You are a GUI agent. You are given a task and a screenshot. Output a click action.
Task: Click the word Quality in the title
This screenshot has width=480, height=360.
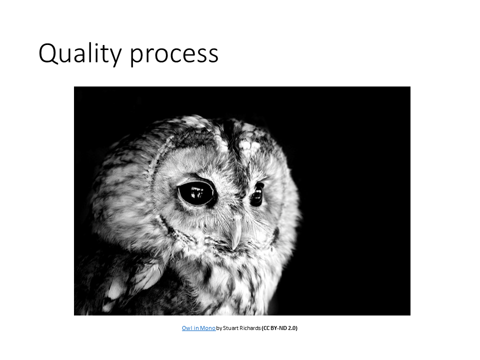tap(80, 53)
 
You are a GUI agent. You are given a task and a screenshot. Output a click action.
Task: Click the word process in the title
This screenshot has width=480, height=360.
tap(174, 55)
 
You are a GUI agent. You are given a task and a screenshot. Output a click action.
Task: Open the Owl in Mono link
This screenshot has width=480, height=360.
tap(198, 328)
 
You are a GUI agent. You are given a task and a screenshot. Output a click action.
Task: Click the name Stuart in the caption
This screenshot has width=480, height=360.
tap(230, 328)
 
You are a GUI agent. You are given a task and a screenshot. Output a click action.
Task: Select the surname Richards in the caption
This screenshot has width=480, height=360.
tap(250, 328)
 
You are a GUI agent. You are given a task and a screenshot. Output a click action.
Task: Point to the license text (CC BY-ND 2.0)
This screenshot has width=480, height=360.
tap(279, 328)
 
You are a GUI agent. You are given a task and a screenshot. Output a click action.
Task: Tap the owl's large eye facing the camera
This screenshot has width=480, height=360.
tap(197, 193)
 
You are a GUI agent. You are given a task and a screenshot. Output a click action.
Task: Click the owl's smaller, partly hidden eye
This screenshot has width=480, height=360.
tap(257, 194)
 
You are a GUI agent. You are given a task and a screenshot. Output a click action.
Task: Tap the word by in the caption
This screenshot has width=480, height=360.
tap(219, 328)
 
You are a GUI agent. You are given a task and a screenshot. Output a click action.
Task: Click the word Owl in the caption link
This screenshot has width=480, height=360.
tap(186, 328)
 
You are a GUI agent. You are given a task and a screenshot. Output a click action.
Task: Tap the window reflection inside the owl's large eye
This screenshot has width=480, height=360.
tap(197, 192)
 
